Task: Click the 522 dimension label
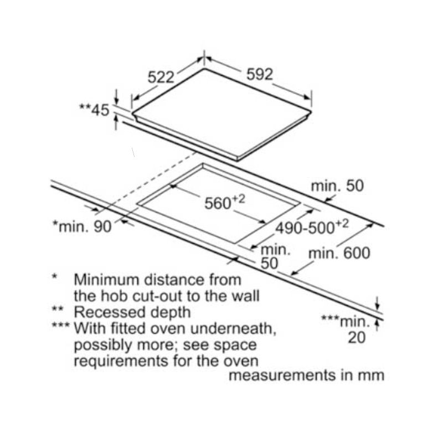(161, 76)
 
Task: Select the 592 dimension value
(260, 75)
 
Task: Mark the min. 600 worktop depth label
(339, 254)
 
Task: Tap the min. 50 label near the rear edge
(337, 186)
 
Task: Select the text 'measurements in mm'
(306, 375)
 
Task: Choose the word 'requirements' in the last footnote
(115, 362)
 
